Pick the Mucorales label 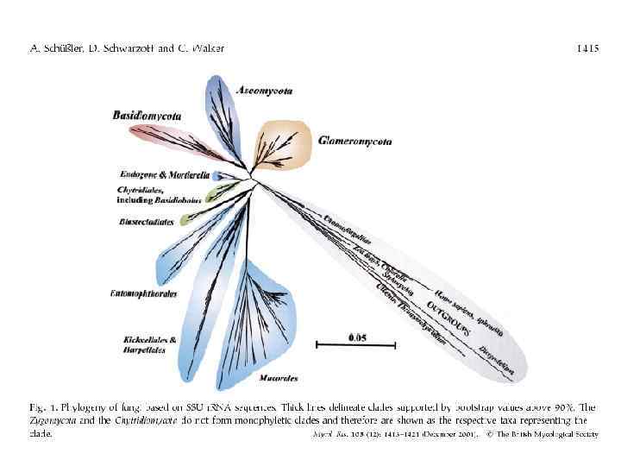(x=278, y=378)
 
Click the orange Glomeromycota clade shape (x=285, y=142)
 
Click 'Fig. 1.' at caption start (x=41, y=406)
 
